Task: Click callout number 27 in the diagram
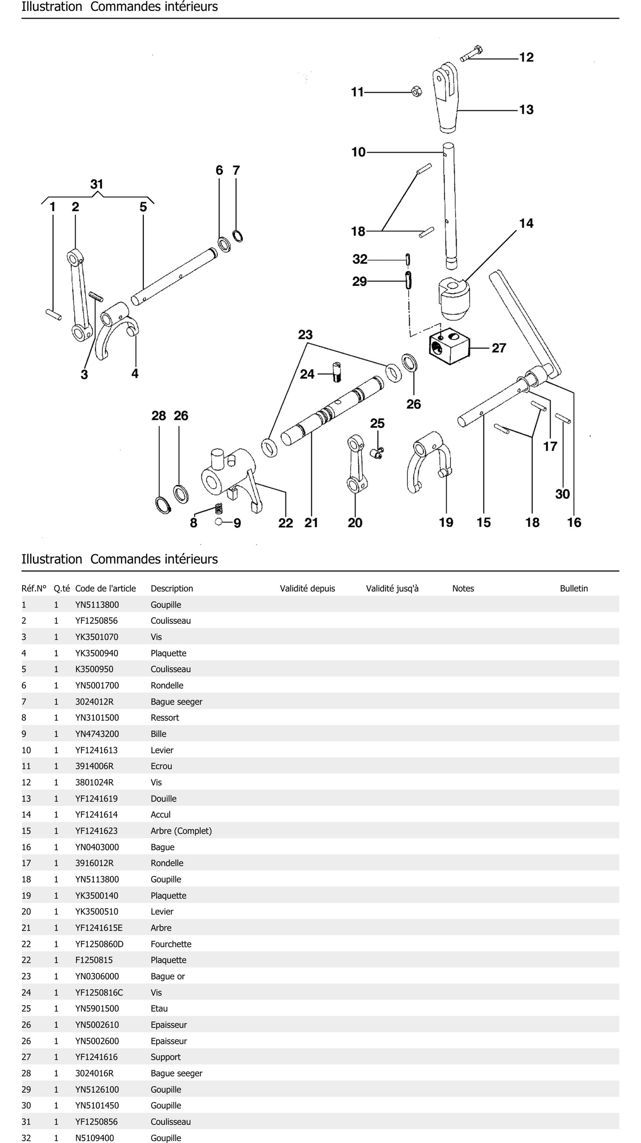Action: coord(499,348)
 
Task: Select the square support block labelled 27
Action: coord(449,346)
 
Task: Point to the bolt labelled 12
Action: coord(471,53)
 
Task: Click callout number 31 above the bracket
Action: coord(97,184)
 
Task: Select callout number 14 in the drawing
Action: coord(526,223)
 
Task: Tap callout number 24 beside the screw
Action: coord(307,374)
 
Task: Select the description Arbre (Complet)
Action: coord(181,831)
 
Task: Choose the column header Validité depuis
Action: coord(307,588)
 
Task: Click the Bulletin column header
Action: coord(574,588)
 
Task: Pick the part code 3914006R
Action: coord(94,766)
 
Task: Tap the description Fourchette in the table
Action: coord(171,944)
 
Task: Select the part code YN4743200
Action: coord(97,734)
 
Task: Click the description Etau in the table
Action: coord(159,1009)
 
